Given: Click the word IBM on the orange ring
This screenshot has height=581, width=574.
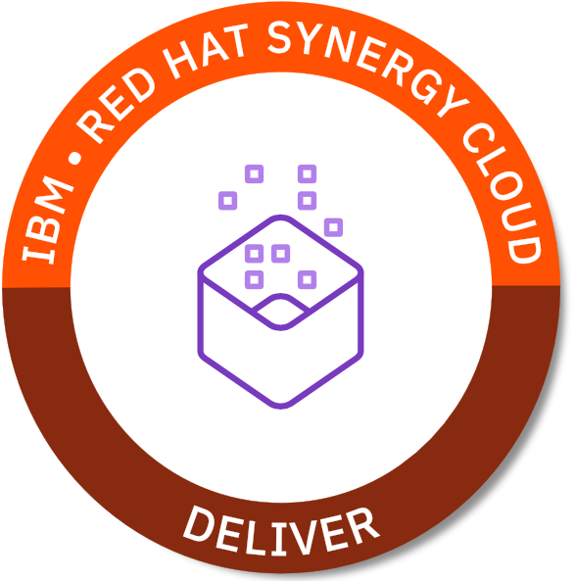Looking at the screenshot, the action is [47, 220].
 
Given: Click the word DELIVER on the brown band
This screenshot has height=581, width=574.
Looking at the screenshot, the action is [281, 532].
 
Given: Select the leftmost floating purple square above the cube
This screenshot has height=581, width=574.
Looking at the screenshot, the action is [227, 201].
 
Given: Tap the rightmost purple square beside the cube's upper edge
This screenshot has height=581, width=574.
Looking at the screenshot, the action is [333, 226].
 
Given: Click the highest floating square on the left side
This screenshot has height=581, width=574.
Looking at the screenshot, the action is [255, 173].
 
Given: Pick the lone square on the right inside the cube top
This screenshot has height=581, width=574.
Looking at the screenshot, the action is [308, 279].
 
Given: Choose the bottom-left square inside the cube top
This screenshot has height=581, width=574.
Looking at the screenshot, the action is [255, 279].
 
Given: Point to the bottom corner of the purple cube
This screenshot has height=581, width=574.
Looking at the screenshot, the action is [280, 407].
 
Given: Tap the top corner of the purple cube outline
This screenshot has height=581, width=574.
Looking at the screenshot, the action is [280, 218].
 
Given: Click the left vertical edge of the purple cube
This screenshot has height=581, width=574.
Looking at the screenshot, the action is [201, 314].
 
